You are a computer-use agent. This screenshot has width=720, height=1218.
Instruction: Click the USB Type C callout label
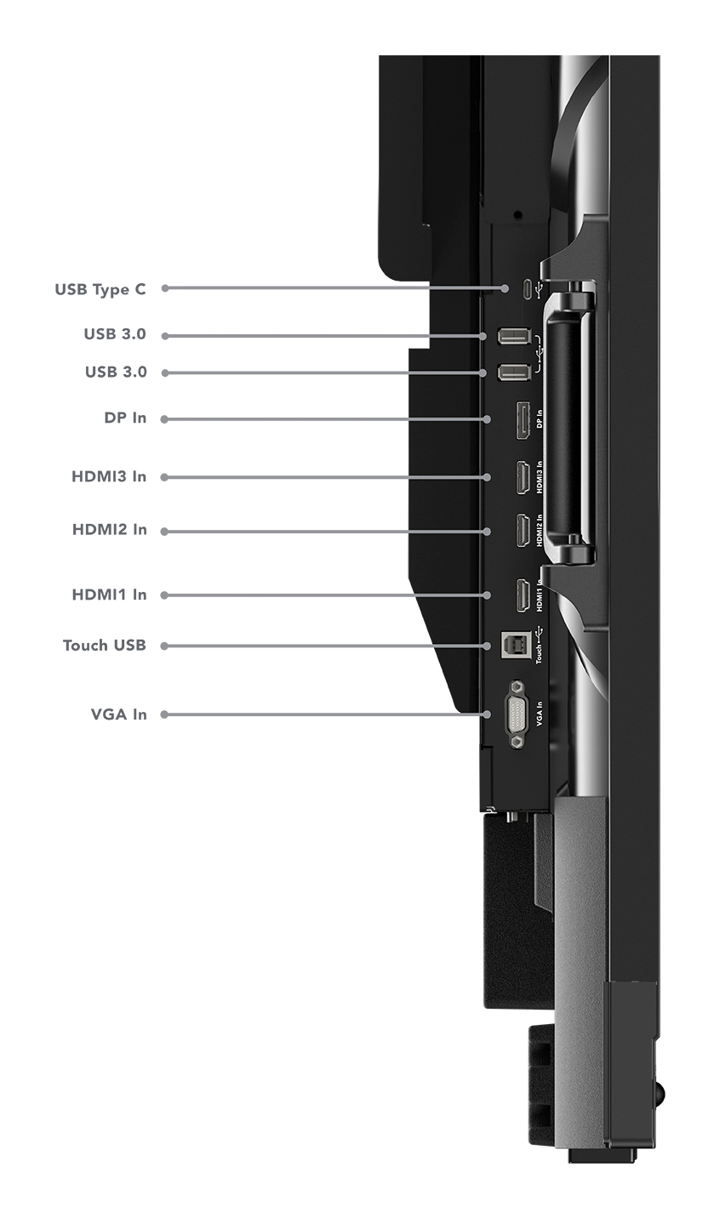pyautogui.click(x=100, y=289)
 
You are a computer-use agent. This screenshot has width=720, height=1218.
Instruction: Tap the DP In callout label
pyautogui.click(x=125, y=418)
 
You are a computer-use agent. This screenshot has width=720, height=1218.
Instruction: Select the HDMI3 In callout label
pyautogui.click(x=109, y=476)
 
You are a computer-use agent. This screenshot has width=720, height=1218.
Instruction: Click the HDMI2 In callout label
pyautogui.click(x=110, y=529)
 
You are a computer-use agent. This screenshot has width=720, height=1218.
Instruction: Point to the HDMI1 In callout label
pyautogui.click(x=110, y=595)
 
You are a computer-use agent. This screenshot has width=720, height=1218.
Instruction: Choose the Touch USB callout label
pyautogui.click(x=105, y=646)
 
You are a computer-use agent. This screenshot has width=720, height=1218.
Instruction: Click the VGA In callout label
pyautogui.click(x=118, y=714)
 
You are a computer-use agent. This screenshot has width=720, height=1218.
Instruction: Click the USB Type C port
pyautogui.click(x=528, y=288)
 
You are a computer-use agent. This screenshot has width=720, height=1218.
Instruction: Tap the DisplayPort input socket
pyautogui.click(x=523, y=420)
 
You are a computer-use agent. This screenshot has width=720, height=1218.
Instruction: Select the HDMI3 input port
pyautogui.click(x=523, y=477)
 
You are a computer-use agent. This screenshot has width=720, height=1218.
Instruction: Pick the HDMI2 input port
pyautogui.click(x=523, y=530)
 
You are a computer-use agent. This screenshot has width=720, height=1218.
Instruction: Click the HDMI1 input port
pyautogui.click(x=523, y=595)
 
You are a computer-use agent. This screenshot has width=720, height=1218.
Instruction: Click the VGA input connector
pyautogui.click(x=517, y=714)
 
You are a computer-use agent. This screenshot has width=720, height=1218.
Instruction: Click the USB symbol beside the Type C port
pyautogui.click(x=540, y=288)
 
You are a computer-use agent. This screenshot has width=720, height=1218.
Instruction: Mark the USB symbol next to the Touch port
pyautogui.click(x=540, y=633)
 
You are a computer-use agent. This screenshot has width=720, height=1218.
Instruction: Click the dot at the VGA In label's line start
pyautogui.click(x=164, y=714)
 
